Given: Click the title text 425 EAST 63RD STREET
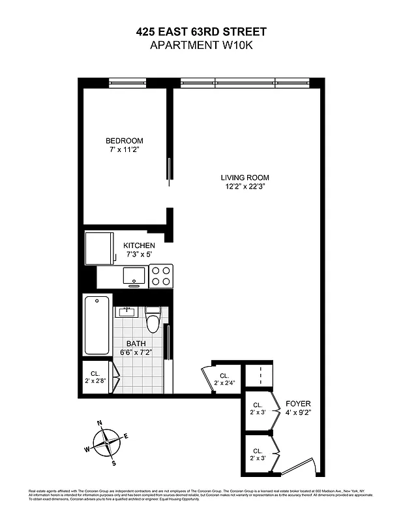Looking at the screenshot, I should (x=201, y=31).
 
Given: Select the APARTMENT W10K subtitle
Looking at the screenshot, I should (x=201, y=44).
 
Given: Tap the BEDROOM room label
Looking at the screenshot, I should (x=125, y=141).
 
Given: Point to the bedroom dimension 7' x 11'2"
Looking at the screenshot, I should (x=125, y=150).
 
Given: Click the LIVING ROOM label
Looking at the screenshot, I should (x=245, y=177).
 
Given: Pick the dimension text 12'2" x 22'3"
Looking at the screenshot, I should (x=245, y=187).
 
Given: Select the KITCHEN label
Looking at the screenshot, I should (x=140, y=245).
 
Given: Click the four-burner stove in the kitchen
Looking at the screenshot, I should (x=160, y=276).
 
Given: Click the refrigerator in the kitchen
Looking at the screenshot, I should (x=98, y=247).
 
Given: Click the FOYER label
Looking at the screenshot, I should (x=298, y=404).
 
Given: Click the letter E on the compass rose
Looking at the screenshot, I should (x=126, y=436).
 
